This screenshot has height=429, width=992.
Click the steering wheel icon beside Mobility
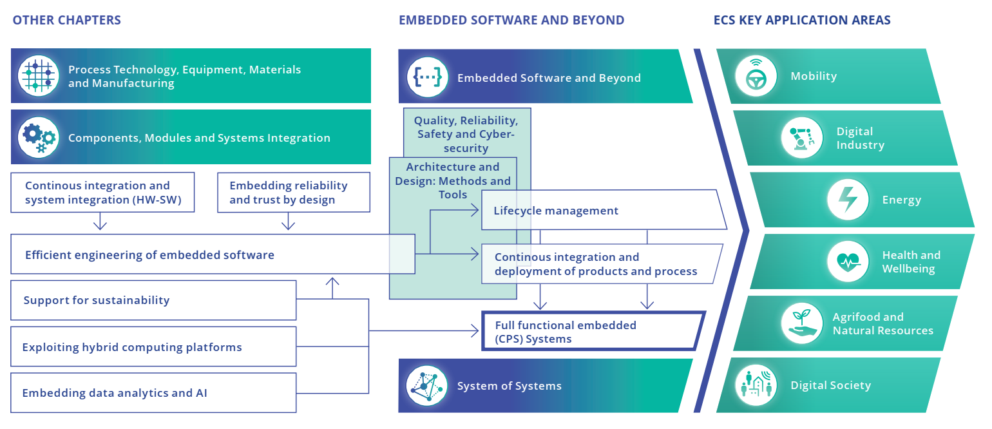(755, 76)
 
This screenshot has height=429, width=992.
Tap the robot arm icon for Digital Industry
(802, 138)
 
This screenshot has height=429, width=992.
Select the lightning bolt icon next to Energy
(848, 200)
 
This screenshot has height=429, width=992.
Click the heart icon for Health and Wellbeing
(848, 262)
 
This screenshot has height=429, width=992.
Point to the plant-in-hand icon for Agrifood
(802, 323)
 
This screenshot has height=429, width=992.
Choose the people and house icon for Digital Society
(756, 385)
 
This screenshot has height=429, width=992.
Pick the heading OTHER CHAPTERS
(67, 20)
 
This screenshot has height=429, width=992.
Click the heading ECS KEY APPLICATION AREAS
(802, 20)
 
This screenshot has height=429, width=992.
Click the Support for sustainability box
(153, 300)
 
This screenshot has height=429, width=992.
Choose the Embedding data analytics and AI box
(153, 393)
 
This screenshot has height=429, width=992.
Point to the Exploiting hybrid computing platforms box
(153, 347)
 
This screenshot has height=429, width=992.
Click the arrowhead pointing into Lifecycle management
(475, 210)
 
